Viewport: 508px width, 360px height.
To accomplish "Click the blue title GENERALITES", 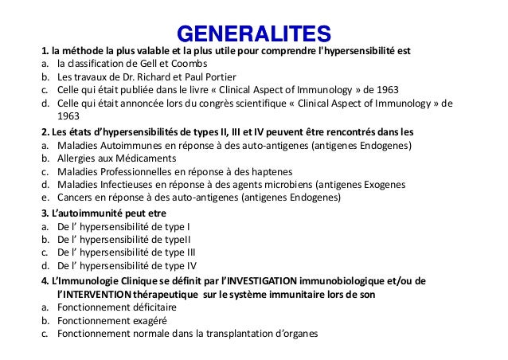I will click(x=253, y=34).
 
